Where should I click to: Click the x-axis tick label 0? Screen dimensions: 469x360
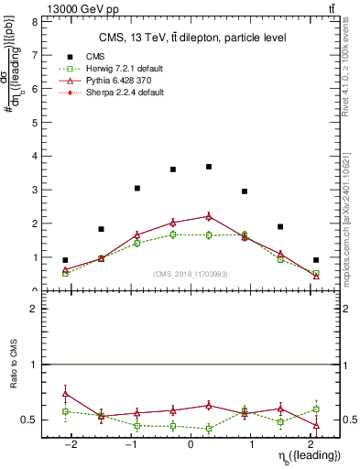click(191, 444)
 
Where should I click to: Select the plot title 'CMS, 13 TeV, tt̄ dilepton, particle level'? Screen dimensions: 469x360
click(192, 38)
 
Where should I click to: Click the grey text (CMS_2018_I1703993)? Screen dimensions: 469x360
click(191, 274)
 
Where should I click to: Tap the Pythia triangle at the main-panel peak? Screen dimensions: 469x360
click(209, 216)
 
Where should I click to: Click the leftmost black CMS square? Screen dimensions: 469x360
click(65, 260)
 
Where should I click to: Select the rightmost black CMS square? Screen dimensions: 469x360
click(316, 260)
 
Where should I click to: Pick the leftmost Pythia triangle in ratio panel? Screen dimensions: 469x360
click(65, 393)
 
